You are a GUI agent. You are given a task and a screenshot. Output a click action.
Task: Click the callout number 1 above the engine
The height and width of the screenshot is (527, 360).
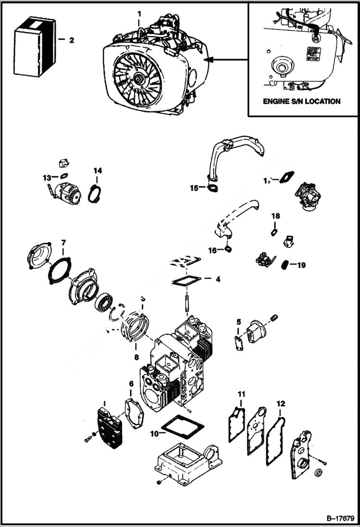pos(139,14)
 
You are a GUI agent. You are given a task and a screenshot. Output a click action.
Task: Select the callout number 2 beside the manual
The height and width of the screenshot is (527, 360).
pos(71,40)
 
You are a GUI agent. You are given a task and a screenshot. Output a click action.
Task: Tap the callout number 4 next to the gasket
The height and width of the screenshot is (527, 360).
pos(218,279)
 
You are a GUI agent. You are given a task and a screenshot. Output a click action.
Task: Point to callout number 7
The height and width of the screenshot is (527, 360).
pos(63,242)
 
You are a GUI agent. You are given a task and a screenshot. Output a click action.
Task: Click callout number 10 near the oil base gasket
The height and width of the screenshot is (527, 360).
pos(154,433)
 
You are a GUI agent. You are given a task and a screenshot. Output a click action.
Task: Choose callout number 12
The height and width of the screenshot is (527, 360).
pos(281,403)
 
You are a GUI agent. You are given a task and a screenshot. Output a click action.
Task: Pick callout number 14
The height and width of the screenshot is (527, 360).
pos(98,171)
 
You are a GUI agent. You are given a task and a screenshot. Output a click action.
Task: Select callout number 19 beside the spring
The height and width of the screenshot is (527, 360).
pos(301,264)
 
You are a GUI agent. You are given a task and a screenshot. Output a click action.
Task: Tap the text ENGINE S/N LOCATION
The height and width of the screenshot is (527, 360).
pos(301,101)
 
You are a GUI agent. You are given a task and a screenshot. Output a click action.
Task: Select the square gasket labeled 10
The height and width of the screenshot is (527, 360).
pos(176,425)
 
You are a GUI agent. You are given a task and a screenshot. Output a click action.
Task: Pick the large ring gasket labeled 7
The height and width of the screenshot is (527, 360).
pos(60,272)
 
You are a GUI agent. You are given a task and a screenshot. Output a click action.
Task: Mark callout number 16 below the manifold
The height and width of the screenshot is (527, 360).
pos(212,250)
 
